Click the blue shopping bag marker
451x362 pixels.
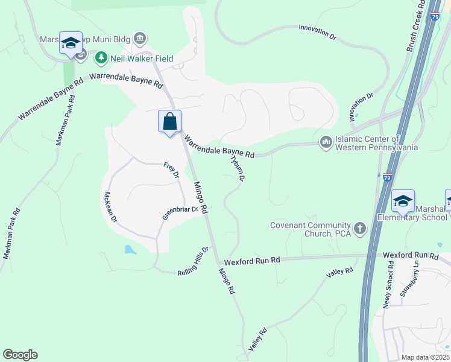point(170,121)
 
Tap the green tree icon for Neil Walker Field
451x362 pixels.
point(101,59)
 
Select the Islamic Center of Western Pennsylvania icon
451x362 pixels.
point(326,142)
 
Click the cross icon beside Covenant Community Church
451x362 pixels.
point(359,229)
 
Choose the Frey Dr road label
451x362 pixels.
point(172,170)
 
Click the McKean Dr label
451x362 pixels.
point(109,207)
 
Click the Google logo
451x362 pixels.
point(20,355)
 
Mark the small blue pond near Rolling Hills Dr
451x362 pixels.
point(129,249)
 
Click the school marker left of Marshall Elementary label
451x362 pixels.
point(402,202)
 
